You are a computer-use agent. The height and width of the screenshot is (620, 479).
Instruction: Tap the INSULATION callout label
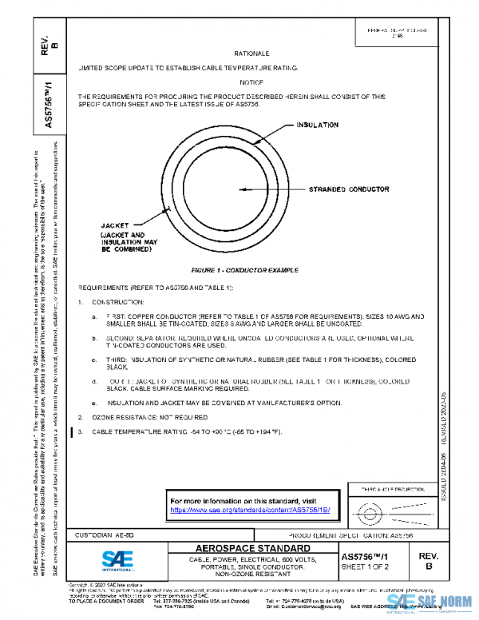pyautogui.click(x=318, y=125)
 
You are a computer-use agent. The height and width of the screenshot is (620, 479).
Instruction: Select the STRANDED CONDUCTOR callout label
pyautogui.click(x=349, y=189)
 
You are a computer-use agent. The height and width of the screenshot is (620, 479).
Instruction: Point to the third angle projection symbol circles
pyautogui.click(x=370, y=510)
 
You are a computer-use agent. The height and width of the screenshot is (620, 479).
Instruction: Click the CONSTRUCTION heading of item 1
pyautogui.click(x=118, y=302)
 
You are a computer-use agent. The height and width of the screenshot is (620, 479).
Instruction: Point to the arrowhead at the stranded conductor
pyautogui.click(x=241, y=189)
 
